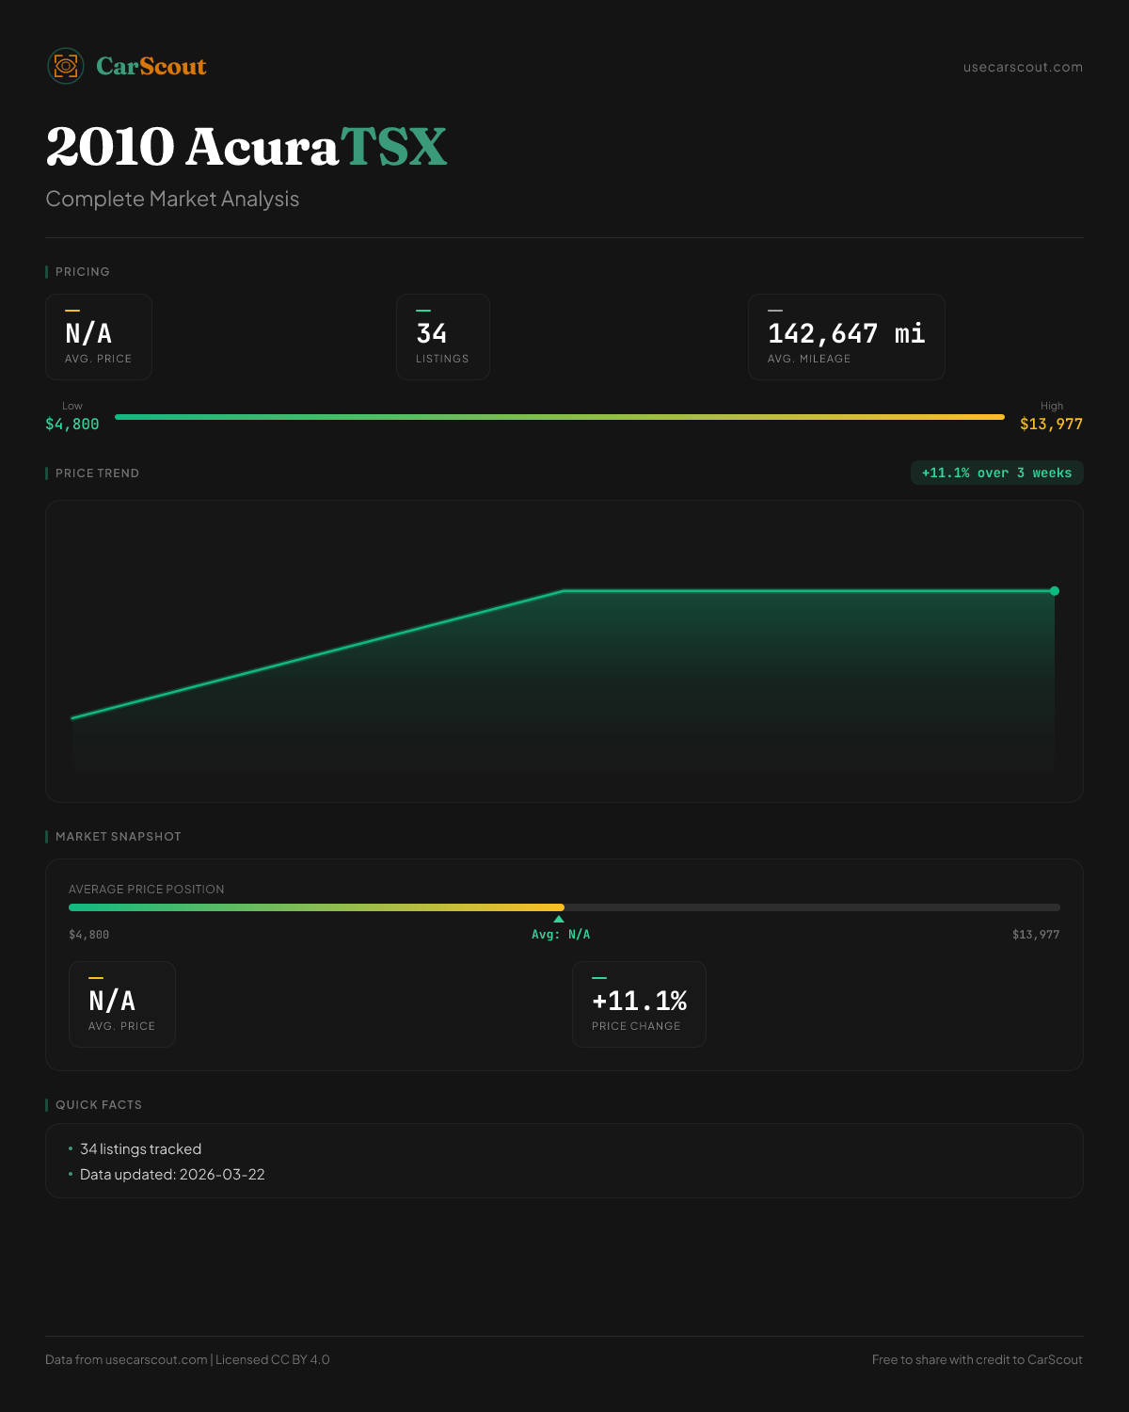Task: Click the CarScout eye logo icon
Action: (66, 66)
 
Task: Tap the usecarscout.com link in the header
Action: (1023, 67)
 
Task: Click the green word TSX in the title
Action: (393, 147)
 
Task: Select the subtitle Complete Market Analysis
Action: (172, 200)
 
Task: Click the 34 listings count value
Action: (432, 333)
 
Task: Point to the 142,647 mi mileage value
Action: (846, 333)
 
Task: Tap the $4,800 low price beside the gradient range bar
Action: (72, 425)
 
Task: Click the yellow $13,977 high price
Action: (1051, 425)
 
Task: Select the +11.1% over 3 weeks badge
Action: (996, 473)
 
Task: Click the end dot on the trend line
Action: (1055, 591)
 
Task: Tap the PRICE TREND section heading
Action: (97, 473)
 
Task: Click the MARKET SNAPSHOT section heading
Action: (118, 837)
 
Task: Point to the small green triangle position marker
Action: (559, 919)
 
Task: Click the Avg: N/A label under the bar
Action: (561, 935)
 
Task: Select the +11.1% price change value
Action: (639, 1001)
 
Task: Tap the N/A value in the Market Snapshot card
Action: (112, 1001)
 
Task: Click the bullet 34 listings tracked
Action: (140, 1149)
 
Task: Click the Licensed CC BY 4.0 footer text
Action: (272, 1359)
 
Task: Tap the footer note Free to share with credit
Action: (977, 1359)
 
